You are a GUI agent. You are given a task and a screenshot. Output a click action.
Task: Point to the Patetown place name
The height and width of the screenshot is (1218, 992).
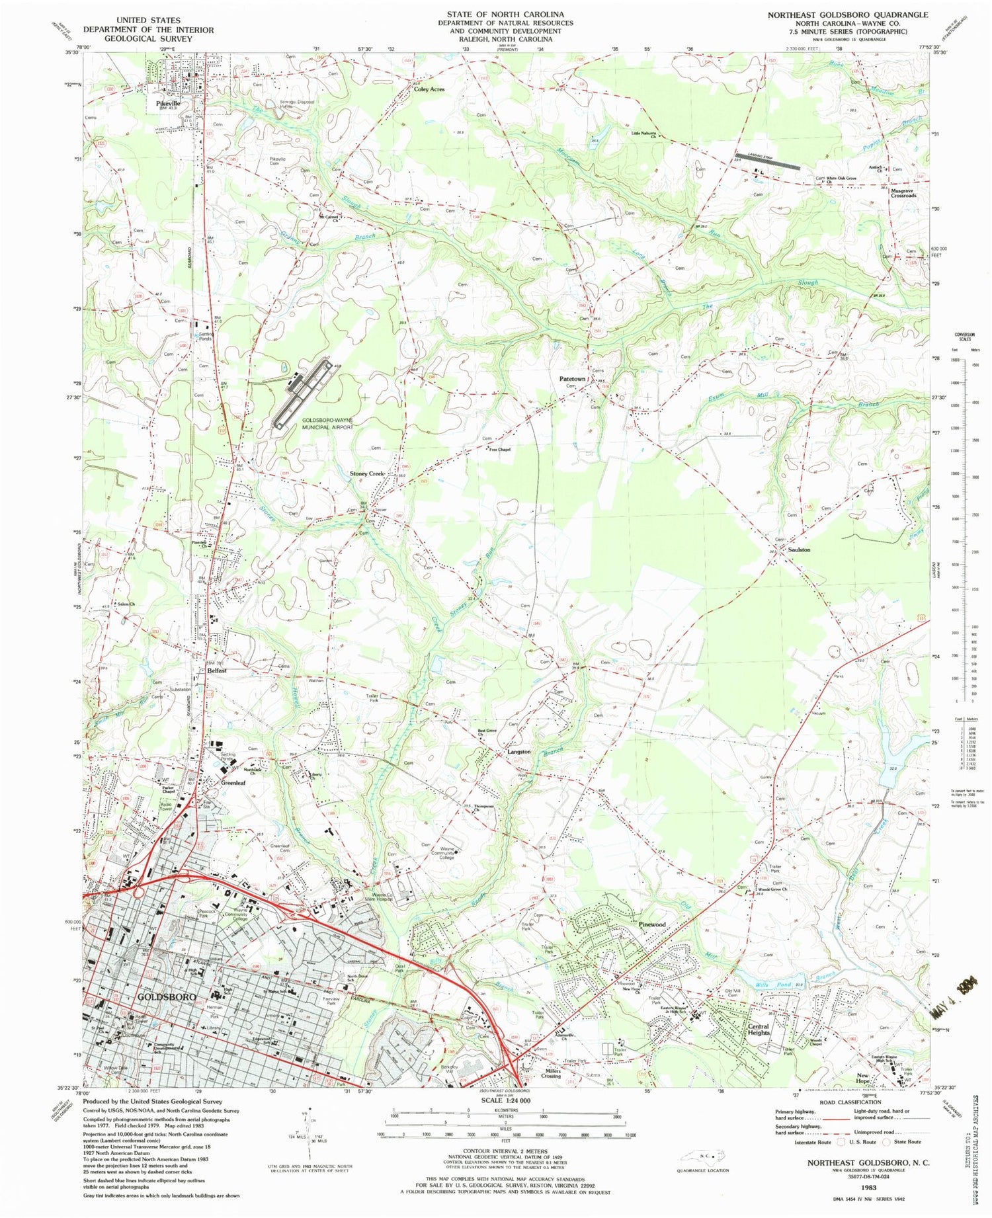tap(573, 379)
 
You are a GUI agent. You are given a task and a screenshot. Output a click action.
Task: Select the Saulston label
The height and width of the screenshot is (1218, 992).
tap(799, 549)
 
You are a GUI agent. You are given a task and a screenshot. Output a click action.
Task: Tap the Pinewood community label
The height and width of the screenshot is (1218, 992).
tap(651, 924)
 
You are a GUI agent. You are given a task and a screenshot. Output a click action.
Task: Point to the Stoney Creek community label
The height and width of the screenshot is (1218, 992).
tap(367, 473)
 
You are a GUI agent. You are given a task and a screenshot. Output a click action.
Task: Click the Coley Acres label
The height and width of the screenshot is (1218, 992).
tap(429, 89)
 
